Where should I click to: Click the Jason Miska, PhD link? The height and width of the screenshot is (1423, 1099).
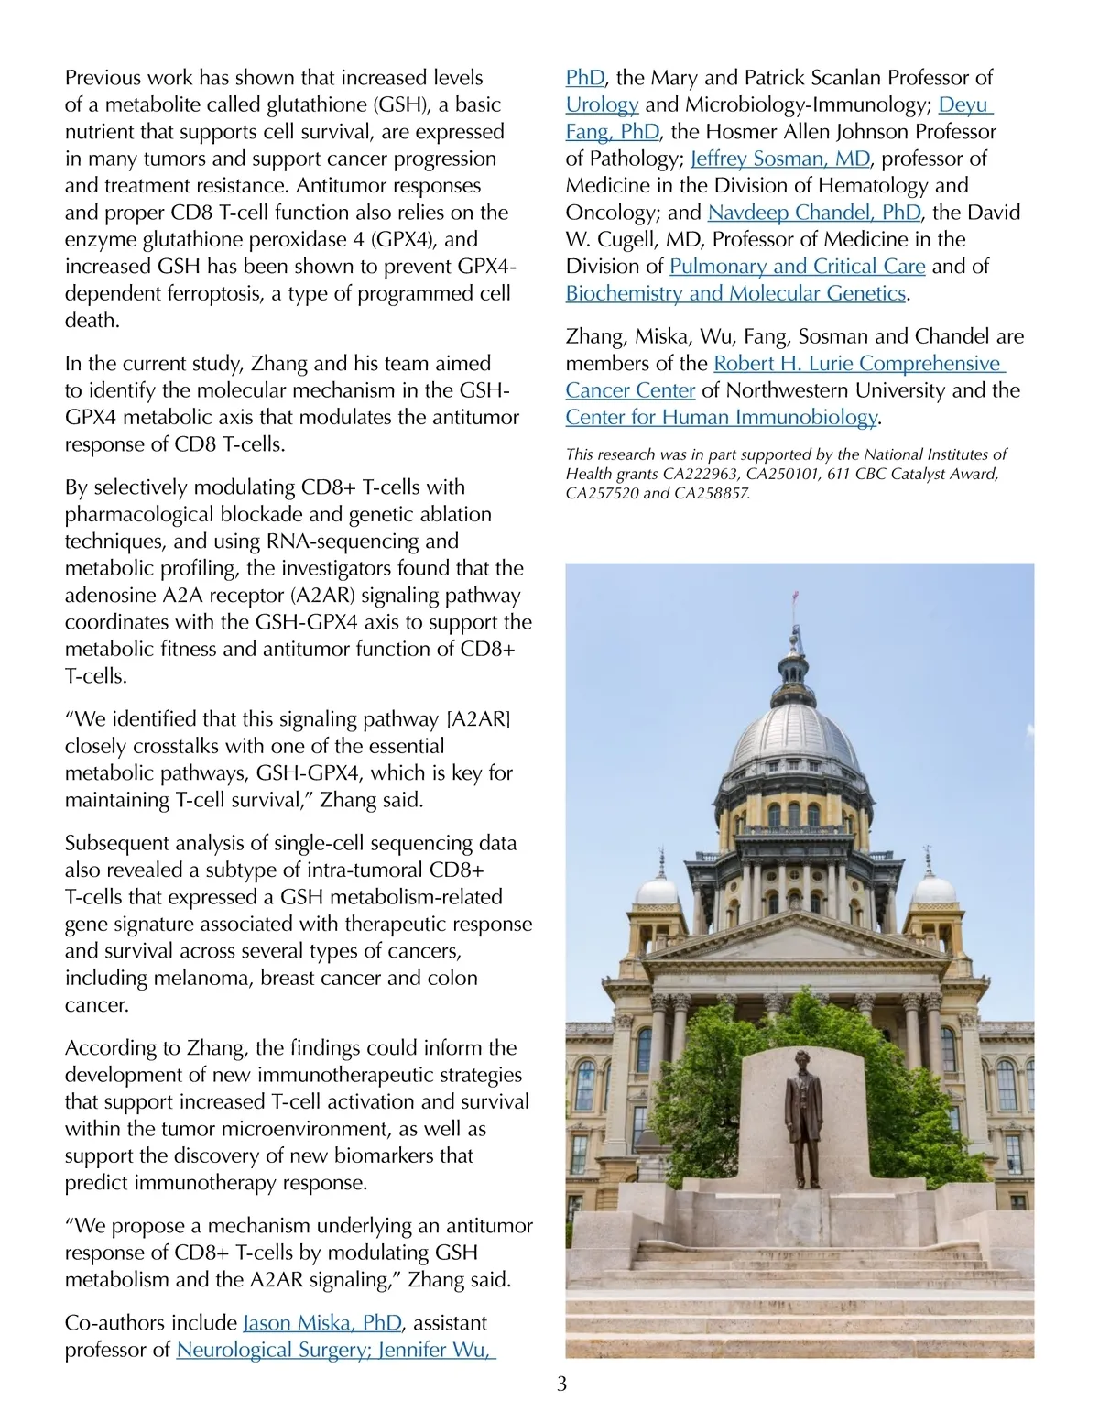pyautogui.click(x=321, y=1322)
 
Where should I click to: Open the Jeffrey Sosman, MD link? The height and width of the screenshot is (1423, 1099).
pyautogui.click(x=779, y=159)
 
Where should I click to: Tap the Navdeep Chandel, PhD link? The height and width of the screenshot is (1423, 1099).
pyautogui.click(x=813, y=213)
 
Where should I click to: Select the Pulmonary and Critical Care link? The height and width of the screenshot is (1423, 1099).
pyautogui.click(x=797, y=266)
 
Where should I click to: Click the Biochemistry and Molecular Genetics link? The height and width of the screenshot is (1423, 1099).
pyautogui.click(x=735, y=293)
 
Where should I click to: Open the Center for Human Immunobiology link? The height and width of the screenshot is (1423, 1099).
pyautogui.click(x=721, y=417)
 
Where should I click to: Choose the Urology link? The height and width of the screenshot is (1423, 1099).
pyautogui.click(x=602, y=104)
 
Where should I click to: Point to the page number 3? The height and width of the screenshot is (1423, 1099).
pyautogui.click(x=561, y=1384)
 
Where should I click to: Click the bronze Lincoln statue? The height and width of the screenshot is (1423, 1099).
pyautogui.click(x=803, y=1118)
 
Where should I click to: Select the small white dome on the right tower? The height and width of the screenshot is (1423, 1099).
pyautogui.click(x=933, y=887)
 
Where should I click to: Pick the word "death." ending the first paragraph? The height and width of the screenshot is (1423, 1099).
pyautogui.click(x=92, y=320)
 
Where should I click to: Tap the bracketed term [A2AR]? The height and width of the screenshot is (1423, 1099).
pyautogui.click(x=476, y=718)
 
